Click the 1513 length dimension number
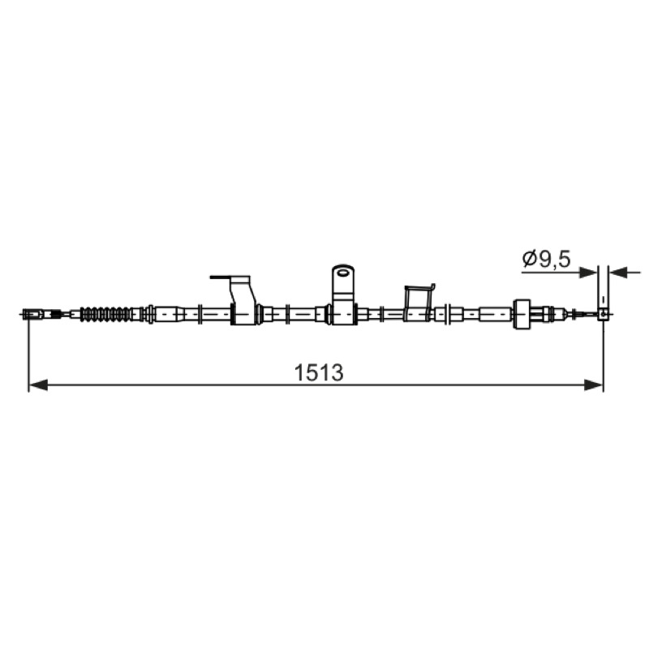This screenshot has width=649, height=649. pos(318,372)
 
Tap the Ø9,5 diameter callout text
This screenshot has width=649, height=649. pos(546,259)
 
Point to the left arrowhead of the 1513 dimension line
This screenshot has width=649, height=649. pos(38,385)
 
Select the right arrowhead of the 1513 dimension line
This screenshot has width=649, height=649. pos(593,385)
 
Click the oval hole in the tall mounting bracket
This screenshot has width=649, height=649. pos(343,272)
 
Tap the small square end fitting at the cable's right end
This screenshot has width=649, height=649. pos(604,315)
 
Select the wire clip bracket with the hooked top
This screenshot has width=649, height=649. pos(419,302)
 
